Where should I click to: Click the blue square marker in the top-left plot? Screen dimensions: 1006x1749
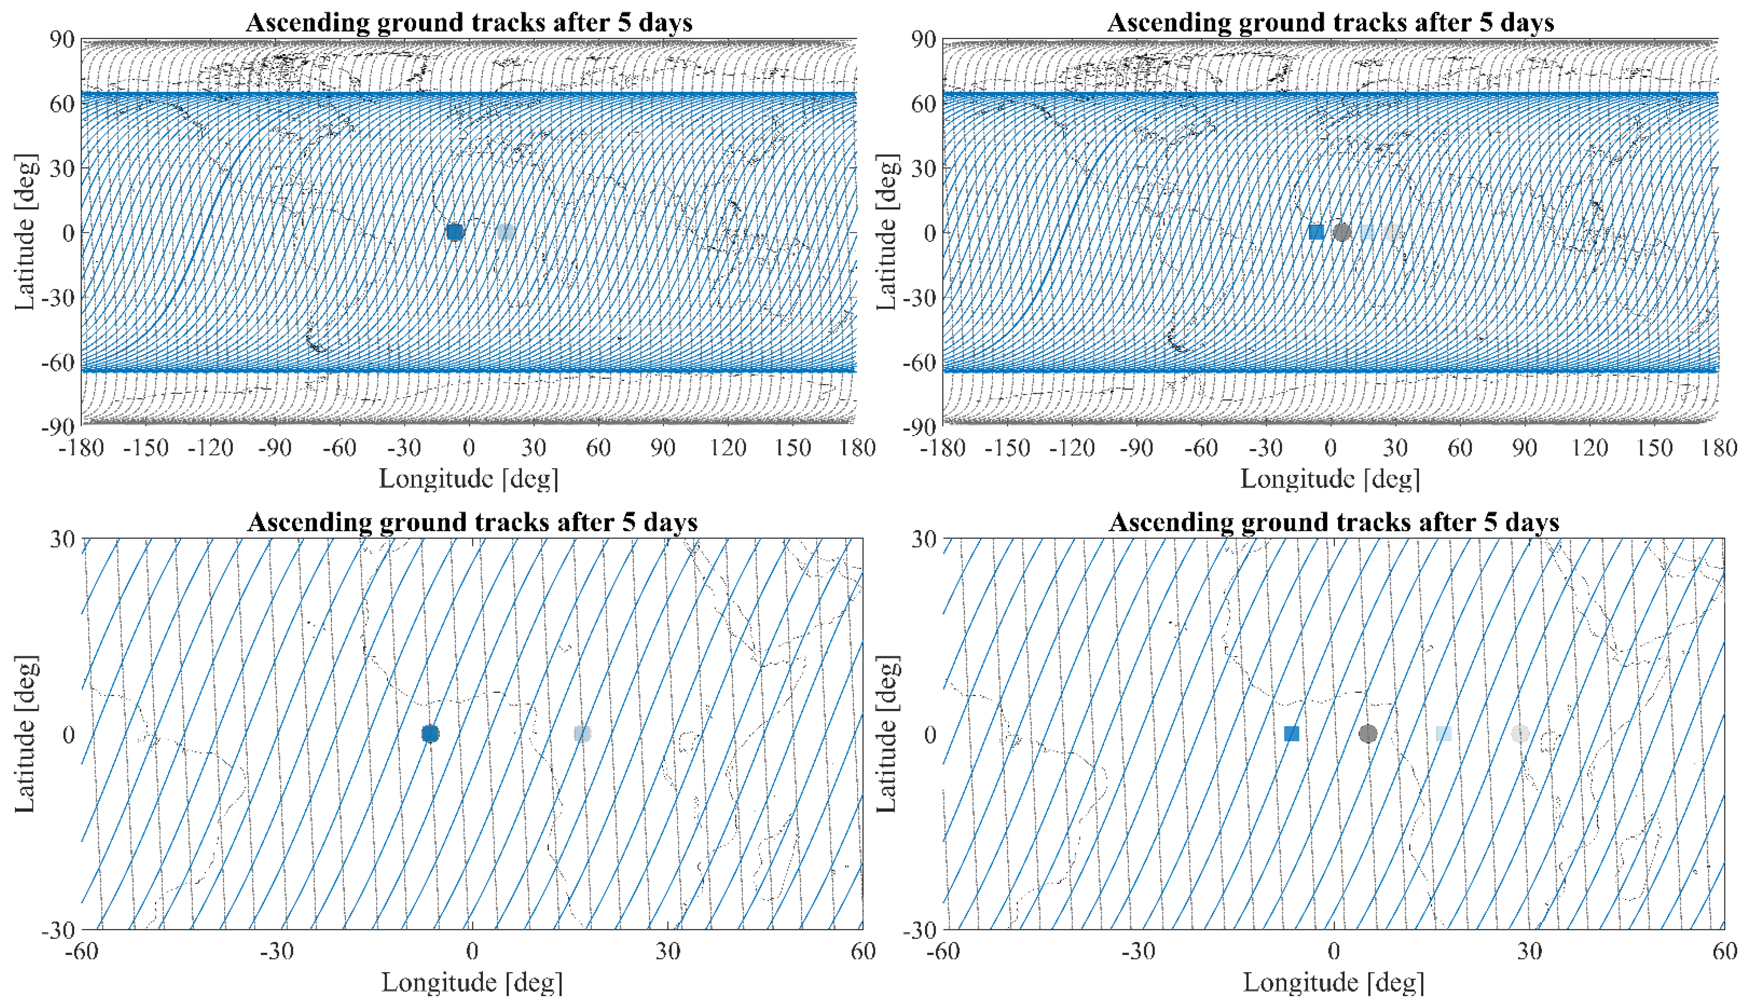(x=455, y=232)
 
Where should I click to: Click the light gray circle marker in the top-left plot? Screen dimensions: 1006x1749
(x=506, y=232)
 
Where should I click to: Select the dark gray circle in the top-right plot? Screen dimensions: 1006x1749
(x=1341, y=232)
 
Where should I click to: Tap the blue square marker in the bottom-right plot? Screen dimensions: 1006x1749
(x=1291, y=734)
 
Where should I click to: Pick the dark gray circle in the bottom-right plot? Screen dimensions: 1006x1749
(x=1368, y=734)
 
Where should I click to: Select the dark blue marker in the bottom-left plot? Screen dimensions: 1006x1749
(x=430, y=734)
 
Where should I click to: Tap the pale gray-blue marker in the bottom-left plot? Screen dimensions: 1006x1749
(x=582, y=734)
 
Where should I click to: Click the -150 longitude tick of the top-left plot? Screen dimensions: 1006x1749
(x=146, y=448)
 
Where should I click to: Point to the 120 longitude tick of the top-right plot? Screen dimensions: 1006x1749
(x=1589, y=448)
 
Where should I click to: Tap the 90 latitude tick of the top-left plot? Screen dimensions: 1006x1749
(x=62, y=40)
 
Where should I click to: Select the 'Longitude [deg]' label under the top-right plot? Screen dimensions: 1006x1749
(x=1330, y=478)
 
